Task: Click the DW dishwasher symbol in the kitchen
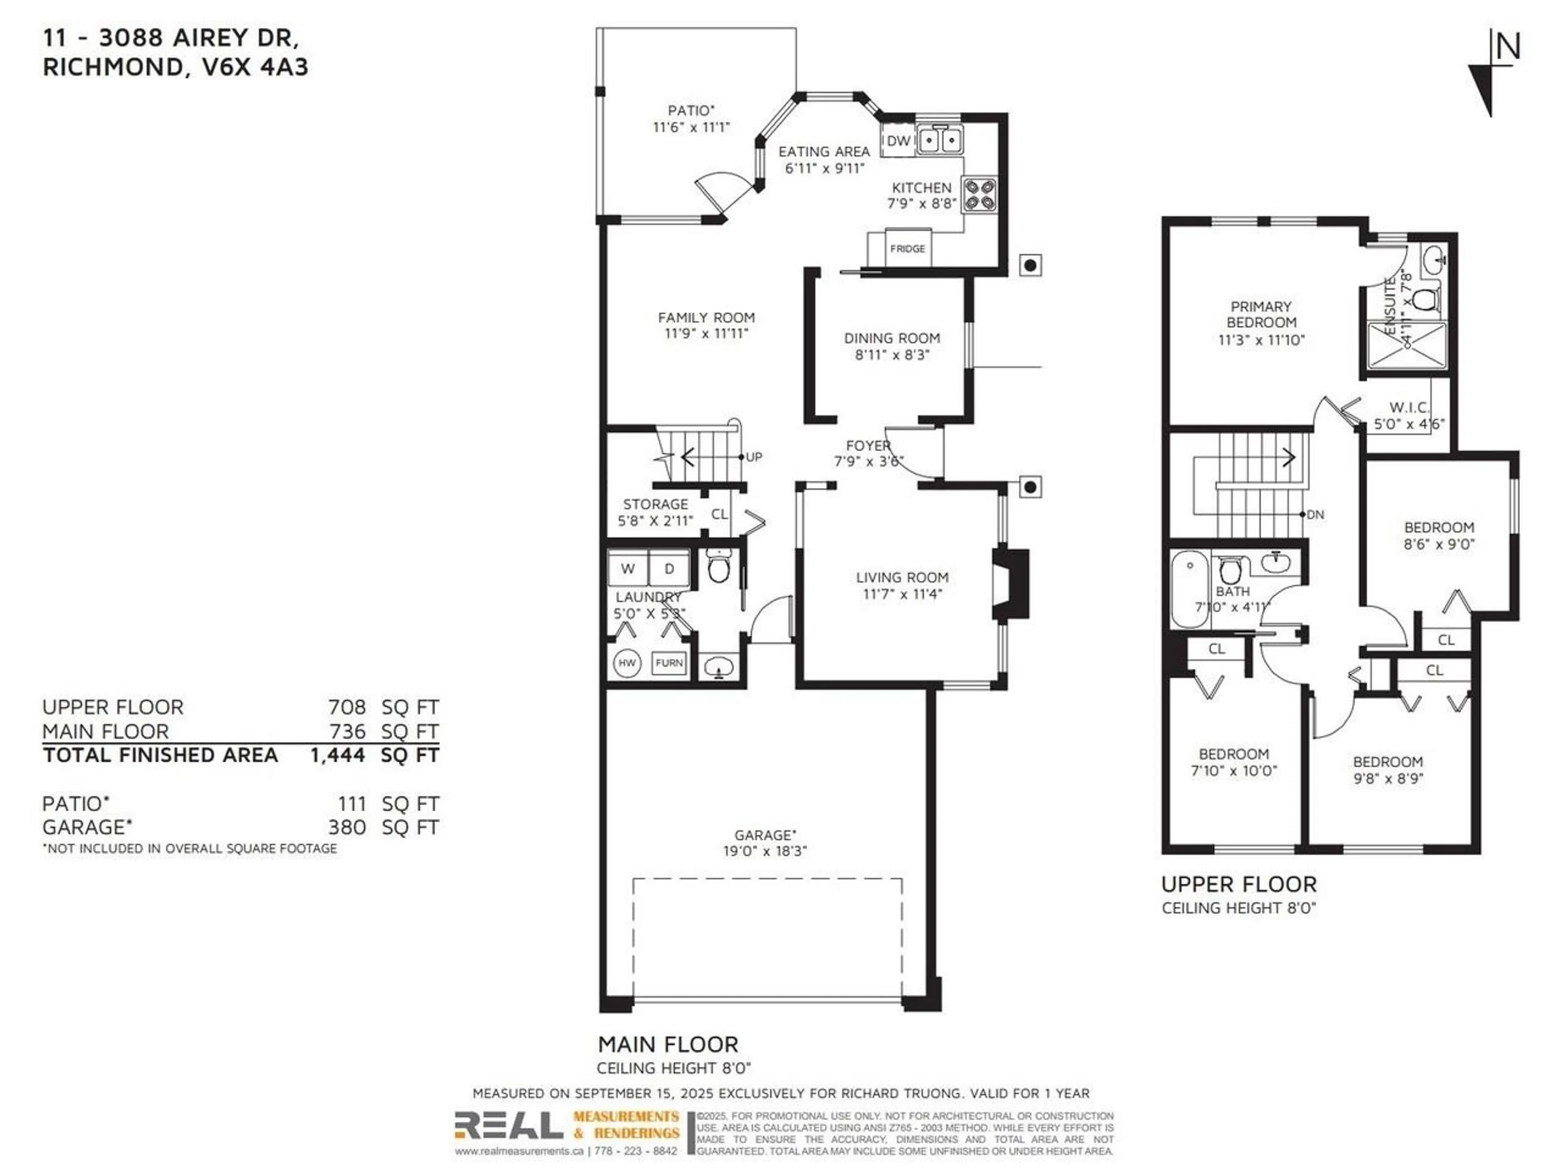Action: click(x=898, y=140)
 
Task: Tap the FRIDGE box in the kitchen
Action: click(x=908, y=249)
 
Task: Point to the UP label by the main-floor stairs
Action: click(x=754, y=457)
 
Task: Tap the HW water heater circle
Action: click(x=626, y=663)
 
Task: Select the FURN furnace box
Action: click(x=669, y=663)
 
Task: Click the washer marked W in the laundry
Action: click(x=628, y=569)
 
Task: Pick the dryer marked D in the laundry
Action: click(x=669, y=569)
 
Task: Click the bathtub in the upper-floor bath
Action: click(x=1191, y=590)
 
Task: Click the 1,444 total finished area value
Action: click(x=338, y=755)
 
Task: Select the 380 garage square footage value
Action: click(x=347, y=827)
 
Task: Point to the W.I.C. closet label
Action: click(x=1409, y=408)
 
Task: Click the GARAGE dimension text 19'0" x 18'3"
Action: click(x=765, y=851)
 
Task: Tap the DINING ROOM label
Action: click(x=892, y=339)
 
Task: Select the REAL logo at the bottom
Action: click(x=508, y=1125)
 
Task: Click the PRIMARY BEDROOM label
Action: click(x=1261, y=315)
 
